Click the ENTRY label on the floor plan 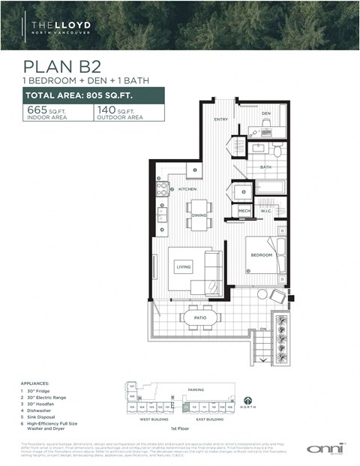(220, 119)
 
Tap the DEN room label (265, 113)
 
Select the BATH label (265, 167)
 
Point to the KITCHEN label (187, 189)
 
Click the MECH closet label (244, 212)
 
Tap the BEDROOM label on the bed (261, 255)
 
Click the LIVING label (184, 266)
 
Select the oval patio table (199, 317)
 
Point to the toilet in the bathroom (277, 151)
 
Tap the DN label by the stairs (262, 329)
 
